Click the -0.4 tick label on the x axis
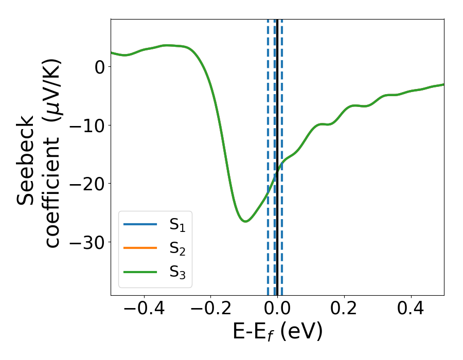(x=144, y=310)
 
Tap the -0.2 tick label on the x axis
(x=210, y=310)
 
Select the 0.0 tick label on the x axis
(x=277, y=310)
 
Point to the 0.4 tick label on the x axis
(x=411, y=310)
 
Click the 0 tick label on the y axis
(x=100, y=67)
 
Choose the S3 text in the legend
(x=177, y=272)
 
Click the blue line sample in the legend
(x=140, y=224)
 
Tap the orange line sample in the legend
(x=140, y=248)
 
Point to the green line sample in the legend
(x=140, y=272)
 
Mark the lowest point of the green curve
(x=245, y=221)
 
